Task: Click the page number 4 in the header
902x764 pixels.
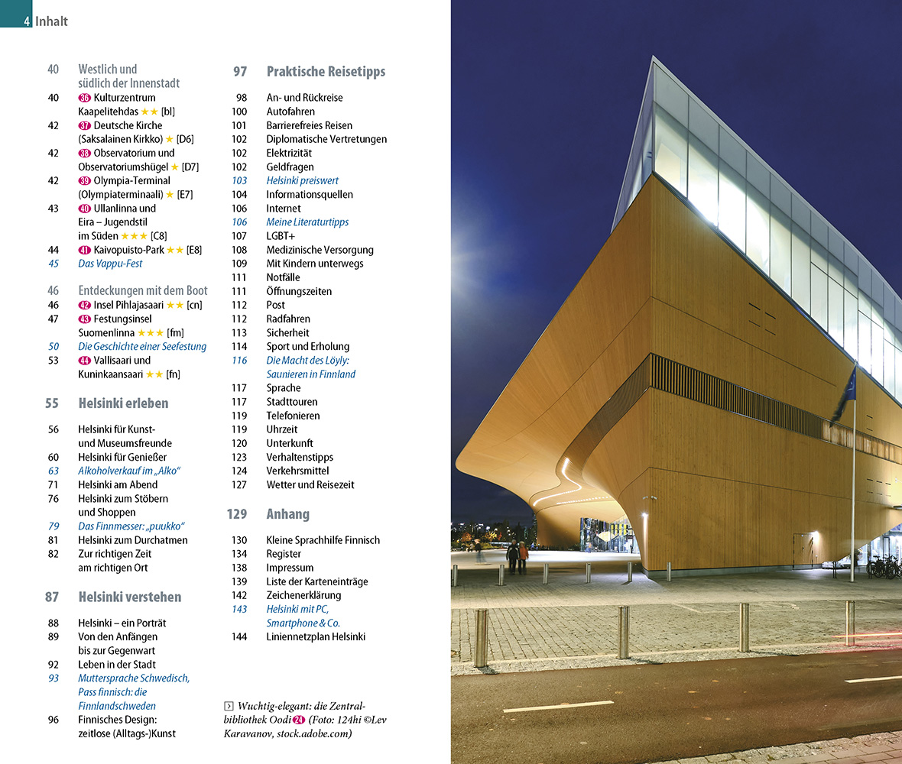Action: click(x=27, y=21)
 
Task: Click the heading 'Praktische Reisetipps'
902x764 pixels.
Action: click(x=326, y=72)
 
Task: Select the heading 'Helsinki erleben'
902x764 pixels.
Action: click(x=123, y=403)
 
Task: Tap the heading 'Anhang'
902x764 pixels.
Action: click(x=287, y=514)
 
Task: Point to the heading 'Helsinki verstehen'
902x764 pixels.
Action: click(x=129, y=597)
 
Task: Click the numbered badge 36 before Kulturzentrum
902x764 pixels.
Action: click(x=85, y=98)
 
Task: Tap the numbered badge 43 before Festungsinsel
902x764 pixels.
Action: click(x=85, y=319)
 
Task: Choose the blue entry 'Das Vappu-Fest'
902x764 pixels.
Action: click(x=110, y=264)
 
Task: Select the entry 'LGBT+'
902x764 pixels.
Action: click(x=281, y=236)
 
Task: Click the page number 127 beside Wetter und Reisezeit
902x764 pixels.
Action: click(x=239, y=485)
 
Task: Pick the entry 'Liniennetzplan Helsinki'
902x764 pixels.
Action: click(x=316, y=637)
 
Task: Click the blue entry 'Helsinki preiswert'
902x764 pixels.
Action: click(x=302, y=181)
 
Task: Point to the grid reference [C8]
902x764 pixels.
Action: click(x=160, y=236)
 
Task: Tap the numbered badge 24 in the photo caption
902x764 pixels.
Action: click(x=299, y=720)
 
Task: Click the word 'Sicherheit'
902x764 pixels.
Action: click(x=287, y=333)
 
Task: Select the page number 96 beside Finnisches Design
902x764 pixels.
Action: click(x=53, y=720)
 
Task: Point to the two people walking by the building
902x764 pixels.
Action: click(x=518, y=557)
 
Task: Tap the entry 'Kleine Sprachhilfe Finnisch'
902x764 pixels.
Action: click(x=323, y=540)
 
